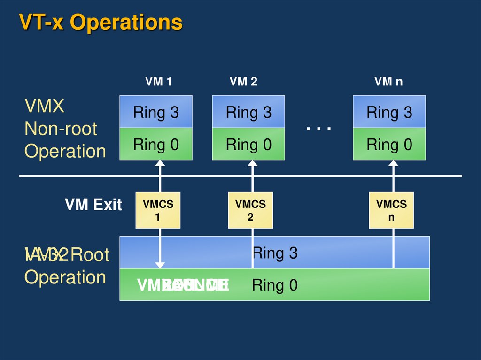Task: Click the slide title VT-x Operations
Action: (101, 23)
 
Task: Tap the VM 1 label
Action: (158, 82)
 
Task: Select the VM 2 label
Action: (243, 82)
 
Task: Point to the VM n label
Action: (388, 82)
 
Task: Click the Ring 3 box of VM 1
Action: (156, 112)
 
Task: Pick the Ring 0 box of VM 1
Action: (156, 144)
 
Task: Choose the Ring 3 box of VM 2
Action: (248, 112)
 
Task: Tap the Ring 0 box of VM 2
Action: (248, 144)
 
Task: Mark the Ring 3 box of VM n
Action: (389, 112)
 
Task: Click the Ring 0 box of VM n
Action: (389, 144)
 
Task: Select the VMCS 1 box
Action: (158, 210)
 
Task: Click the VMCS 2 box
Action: (250, 210)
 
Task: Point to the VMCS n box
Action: (391, 210)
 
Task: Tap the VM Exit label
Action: (93, 205)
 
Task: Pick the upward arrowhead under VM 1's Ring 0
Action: (160, 163)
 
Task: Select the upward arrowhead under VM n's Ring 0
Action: (394, 163)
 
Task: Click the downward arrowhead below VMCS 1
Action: (161, 265)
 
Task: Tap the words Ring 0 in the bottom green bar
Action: (275, 285)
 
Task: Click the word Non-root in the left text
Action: (61, 129)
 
